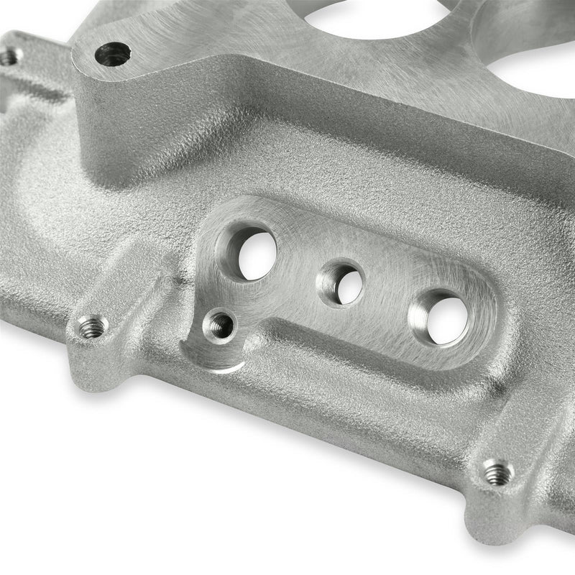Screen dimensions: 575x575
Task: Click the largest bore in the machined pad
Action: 252,254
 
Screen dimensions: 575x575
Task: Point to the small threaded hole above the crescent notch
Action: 219,326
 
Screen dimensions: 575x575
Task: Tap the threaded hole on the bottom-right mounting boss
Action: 497,472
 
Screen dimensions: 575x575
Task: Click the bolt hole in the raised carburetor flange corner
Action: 113,54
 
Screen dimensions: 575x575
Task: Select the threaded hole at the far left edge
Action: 9,55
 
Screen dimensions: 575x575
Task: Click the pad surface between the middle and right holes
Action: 388,298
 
